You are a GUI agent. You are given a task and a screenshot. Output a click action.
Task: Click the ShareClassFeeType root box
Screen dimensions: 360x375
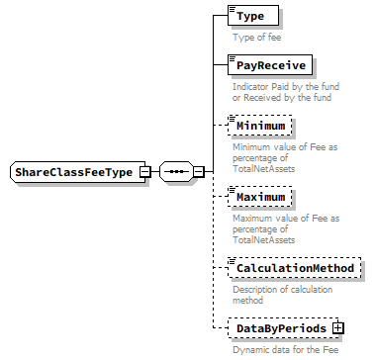pyautogui.click(x=73, y=172)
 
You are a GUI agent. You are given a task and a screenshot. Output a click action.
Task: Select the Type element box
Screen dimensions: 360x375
pyautogui.click(x=251, y=17)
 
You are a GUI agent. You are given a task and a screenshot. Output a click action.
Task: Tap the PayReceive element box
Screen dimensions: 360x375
pyautogui.click(x=269, y=65)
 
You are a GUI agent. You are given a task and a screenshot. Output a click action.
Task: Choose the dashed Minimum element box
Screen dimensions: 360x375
pyautogui.click(x=260, y=127)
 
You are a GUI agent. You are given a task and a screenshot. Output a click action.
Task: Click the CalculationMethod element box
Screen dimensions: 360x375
pyautogui.click(x=292, y=267)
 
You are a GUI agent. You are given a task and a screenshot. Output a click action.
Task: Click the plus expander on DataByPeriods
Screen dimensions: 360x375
pyautogui.click(x=337, y=327)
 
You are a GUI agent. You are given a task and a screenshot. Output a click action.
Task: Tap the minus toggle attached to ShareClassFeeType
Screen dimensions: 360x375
pyautogui.click(x=144, y=172)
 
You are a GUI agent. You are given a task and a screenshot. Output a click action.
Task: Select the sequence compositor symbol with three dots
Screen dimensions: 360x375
pyautogui.click(x=175, y=172)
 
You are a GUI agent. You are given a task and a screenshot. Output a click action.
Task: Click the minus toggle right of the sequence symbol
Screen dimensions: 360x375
pyautogui.click(x=198, y=172)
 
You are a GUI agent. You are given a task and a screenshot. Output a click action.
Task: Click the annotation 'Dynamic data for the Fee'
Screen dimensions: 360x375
pyautogui.click(x=287, y=349)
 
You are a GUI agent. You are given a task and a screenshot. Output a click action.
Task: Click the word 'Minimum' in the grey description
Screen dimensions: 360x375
pyautogui.click(x=250, y=146)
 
